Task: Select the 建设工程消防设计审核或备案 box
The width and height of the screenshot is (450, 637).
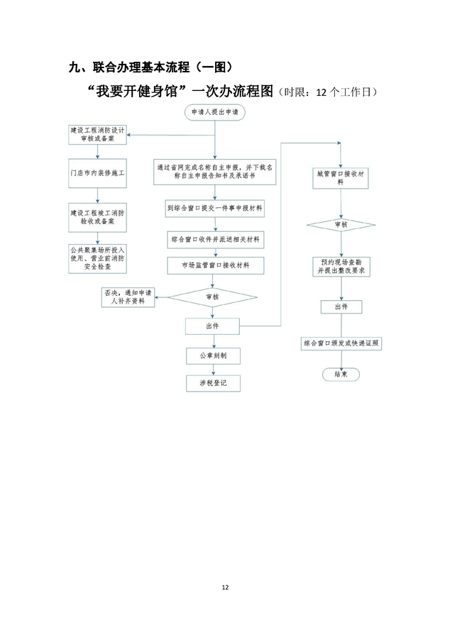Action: (98, 135)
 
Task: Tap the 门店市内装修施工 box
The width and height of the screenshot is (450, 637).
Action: (98, 172)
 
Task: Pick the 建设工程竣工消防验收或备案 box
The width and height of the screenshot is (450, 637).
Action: (98, 217)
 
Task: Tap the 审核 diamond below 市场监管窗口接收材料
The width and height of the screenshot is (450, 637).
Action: (212, 297)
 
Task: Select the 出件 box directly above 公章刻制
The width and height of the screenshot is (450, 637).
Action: (212, 326)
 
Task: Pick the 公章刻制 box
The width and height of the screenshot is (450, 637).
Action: (212, 355)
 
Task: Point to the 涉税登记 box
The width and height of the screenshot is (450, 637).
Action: (212, 384)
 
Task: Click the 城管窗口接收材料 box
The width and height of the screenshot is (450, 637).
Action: (341, 177)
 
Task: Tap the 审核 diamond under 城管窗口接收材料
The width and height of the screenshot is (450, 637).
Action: (341, 224)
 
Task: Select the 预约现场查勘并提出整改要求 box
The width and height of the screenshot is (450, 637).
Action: (341, 266)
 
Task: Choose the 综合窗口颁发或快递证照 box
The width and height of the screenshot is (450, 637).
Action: (341, 343)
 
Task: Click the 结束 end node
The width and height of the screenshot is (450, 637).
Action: (341, 374)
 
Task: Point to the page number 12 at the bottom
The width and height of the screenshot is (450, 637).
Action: (225, 587)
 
